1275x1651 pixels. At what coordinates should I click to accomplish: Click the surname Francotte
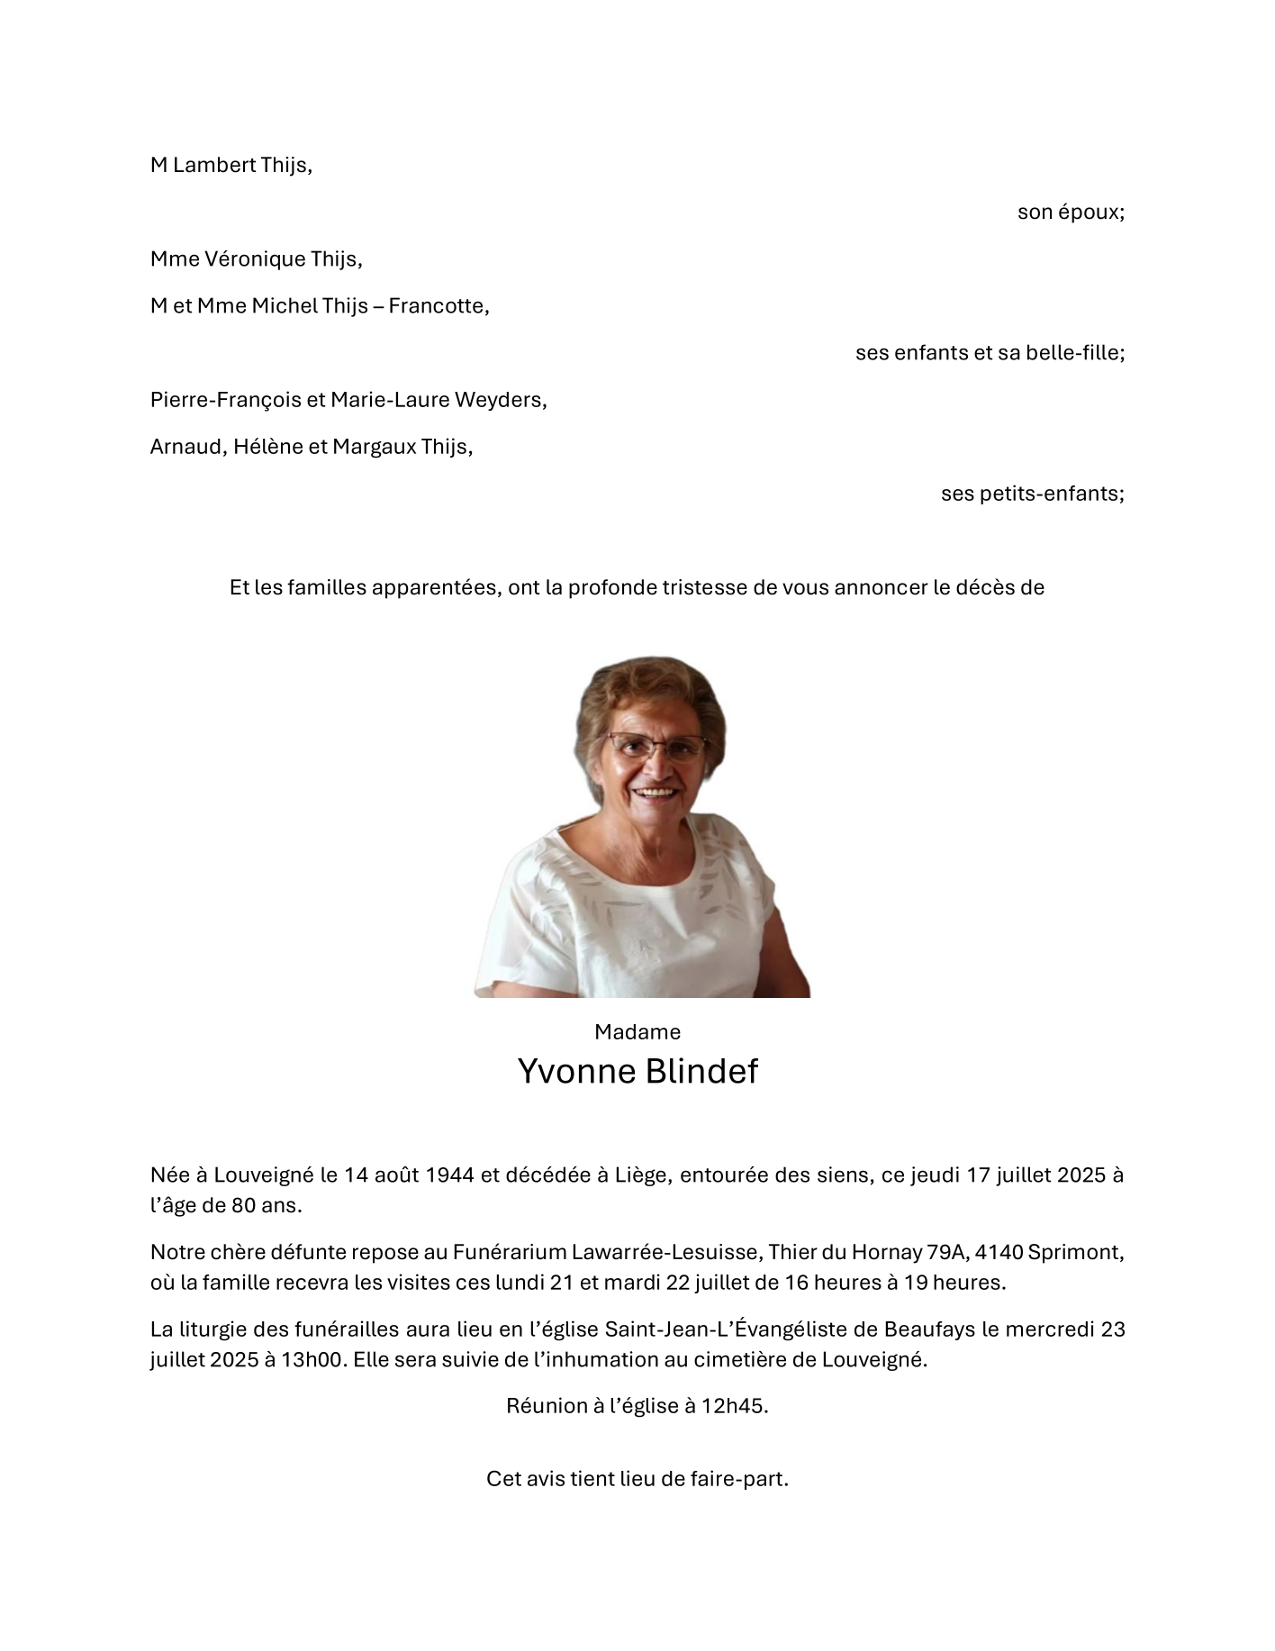[439, 306]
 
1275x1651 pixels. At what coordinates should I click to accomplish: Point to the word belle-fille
[1075, 353]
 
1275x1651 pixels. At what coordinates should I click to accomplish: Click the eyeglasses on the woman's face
[656, 746]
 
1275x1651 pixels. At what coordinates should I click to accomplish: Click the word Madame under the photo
[637, 1032]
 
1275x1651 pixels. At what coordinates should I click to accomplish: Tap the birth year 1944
[448, 1175]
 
